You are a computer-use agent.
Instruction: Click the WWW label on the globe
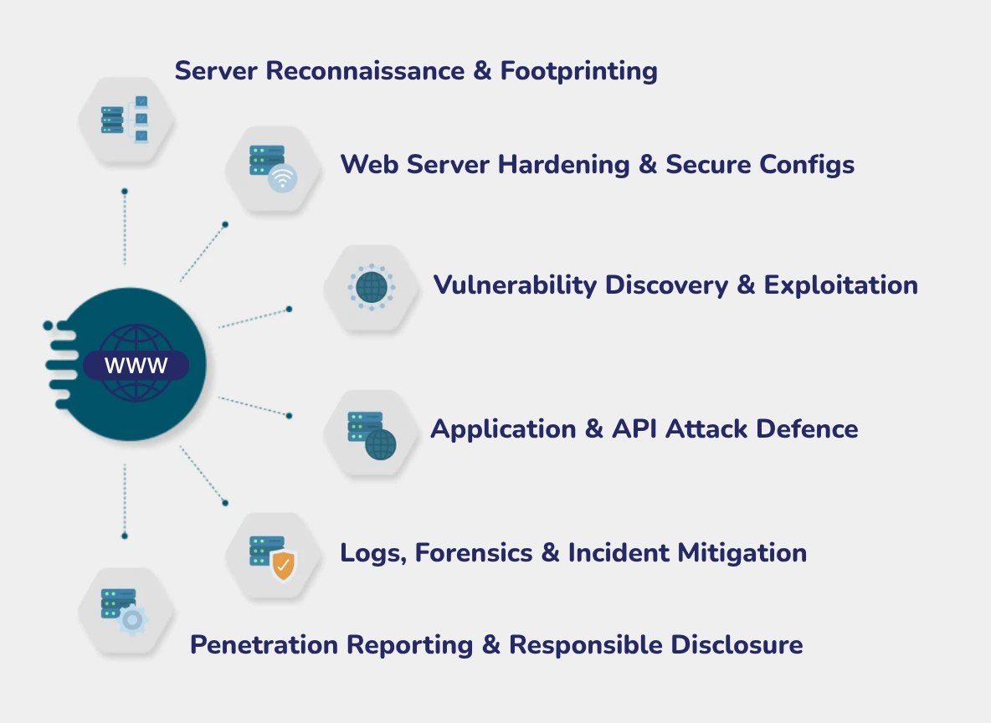(136, 366)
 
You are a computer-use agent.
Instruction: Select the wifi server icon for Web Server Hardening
(274, 167)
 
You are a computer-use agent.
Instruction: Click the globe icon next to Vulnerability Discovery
(372, 287)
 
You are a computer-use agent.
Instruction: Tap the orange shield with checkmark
(284, 566)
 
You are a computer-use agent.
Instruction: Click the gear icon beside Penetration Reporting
(131, 621)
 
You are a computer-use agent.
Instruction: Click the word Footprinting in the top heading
(578, 71)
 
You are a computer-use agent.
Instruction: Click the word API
(637, 429)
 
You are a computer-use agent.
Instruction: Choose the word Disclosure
(737, 645)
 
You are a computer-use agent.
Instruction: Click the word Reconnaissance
(365, 71)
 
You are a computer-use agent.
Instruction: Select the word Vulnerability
(514, 285)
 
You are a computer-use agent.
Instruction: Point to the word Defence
(807, 429)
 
